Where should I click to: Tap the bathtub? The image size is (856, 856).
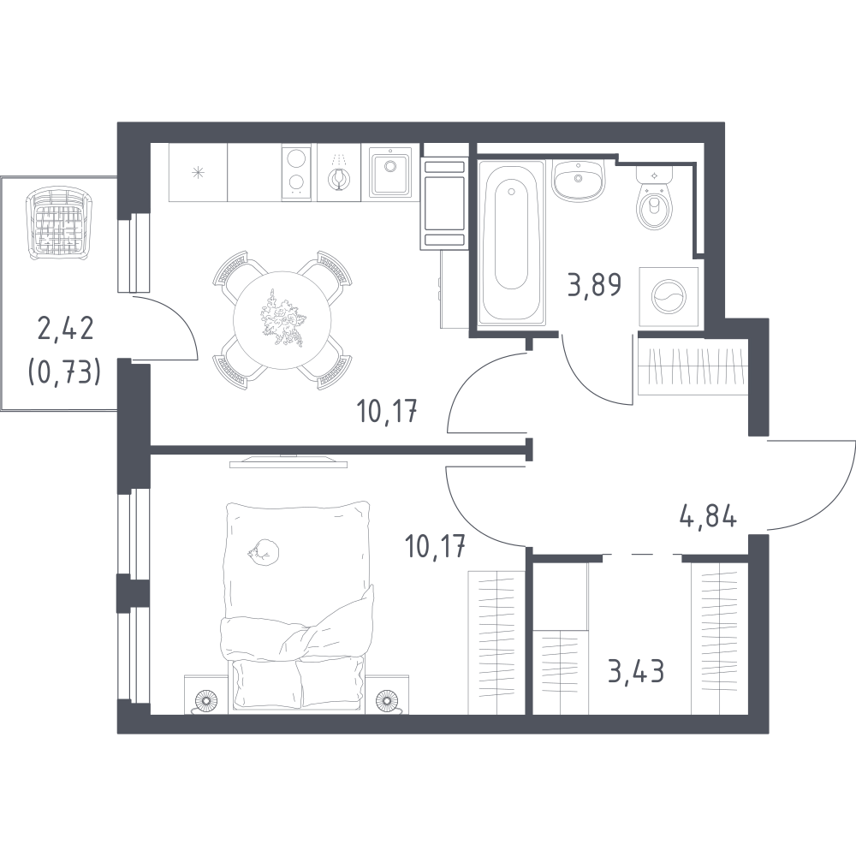[512, 242]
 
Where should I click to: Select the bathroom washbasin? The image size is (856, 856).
[578, 180]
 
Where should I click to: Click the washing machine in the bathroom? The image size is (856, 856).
[669, 296]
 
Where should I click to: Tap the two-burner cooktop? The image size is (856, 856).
[297, 173]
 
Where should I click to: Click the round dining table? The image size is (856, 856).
[282, 320]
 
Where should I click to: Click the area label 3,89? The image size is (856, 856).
[595, 285]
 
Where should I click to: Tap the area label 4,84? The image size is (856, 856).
[708, 516]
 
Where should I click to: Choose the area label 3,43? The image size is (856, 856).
[636, 671]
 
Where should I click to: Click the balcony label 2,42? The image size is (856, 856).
[66, 330]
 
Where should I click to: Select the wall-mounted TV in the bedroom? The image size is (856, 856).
[288, 461]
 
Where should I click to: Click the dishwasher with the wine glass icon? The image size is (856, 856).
[339, 173]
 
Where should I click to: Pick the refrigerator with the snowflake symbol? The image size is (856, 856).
[198, 173]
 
